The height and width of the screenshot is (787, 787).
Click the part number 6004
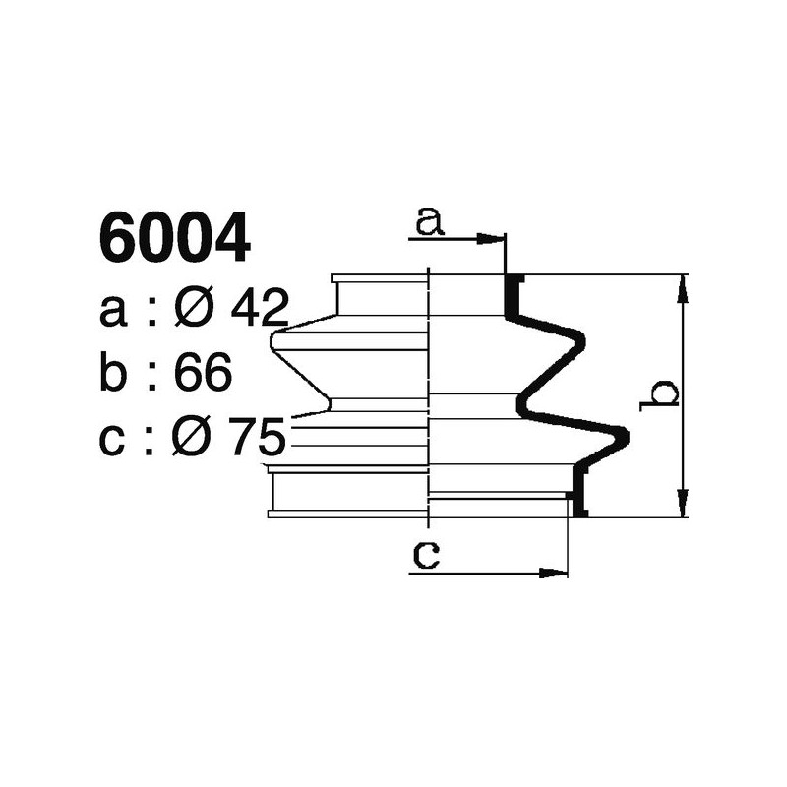[x=174, y=240]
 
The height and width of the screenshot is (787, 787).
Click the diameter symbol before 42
[x=195, y=311]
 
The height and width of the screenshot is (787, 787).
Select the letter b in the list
[x=114, y=374]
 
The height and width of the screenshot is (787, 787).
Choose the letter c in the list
[x=114, y=439]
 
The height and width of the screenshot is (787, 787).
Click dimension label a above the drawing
[x=429, y=222]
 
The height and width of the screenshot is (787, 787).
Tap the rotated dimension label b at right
[x=659, y=393]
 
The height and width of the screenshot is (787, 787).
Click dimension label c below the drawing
[x=425, y=556]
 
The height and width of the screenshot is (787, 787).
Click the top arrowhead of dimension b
[x=682, y=284]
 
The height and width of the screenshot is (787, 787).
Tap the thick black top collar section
[x=512, y=296]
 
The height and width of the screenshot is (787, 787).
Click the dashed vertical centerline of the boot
[x=430, y=393]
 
